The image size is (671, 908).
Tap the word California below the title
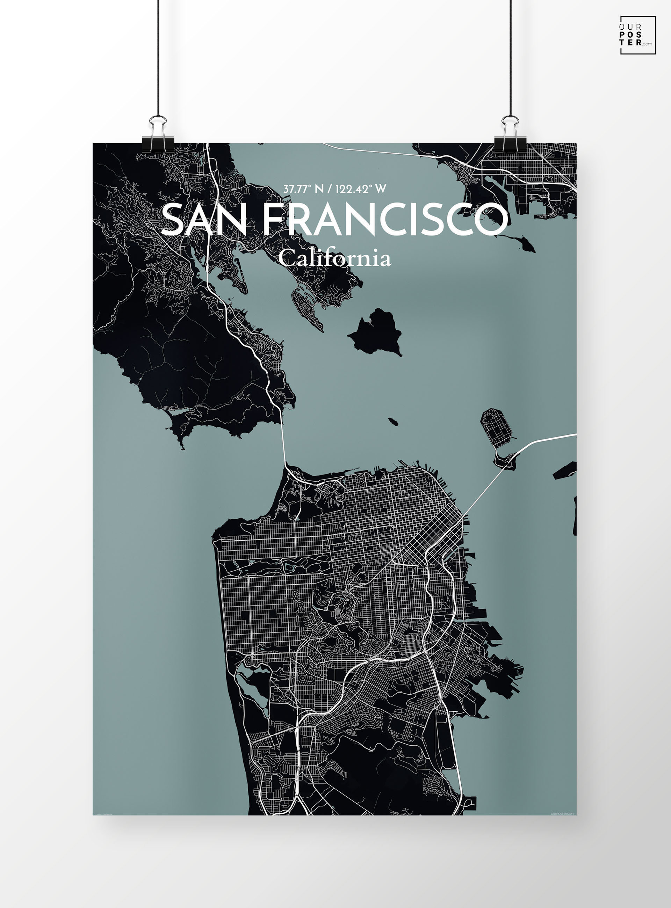point(335,258)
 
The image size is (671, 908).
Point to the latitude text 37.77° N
point(303,189)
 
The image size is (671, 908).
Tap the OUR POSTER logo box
point(637,35)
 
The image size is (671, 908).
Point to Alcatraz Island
point(392,421)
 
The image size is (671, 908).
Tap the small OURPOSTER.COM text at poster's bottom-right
point(562,813)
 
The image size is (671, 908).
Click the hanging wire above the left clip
point(158,57)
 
